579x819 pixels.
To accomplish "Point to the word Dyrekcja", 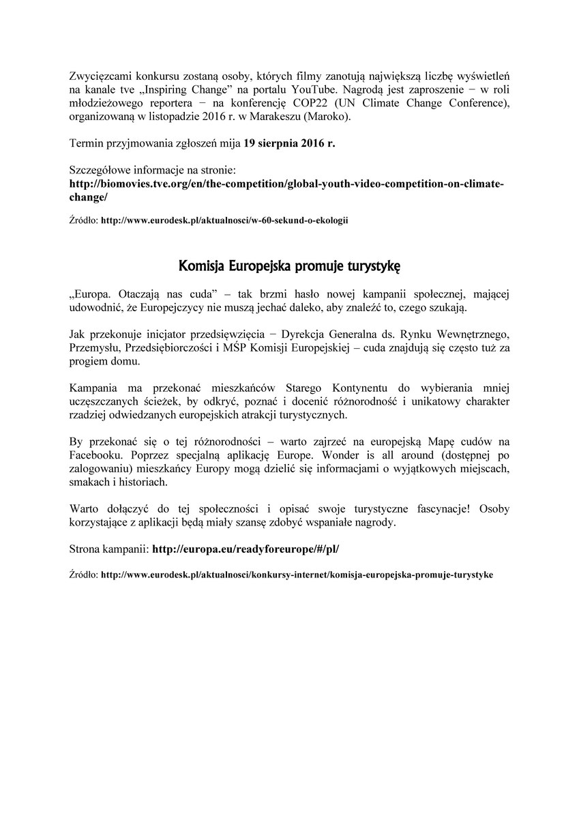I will pos(304,335).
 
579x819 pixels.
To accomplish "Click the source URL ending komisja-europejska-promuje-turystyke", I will pos(296,575).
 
